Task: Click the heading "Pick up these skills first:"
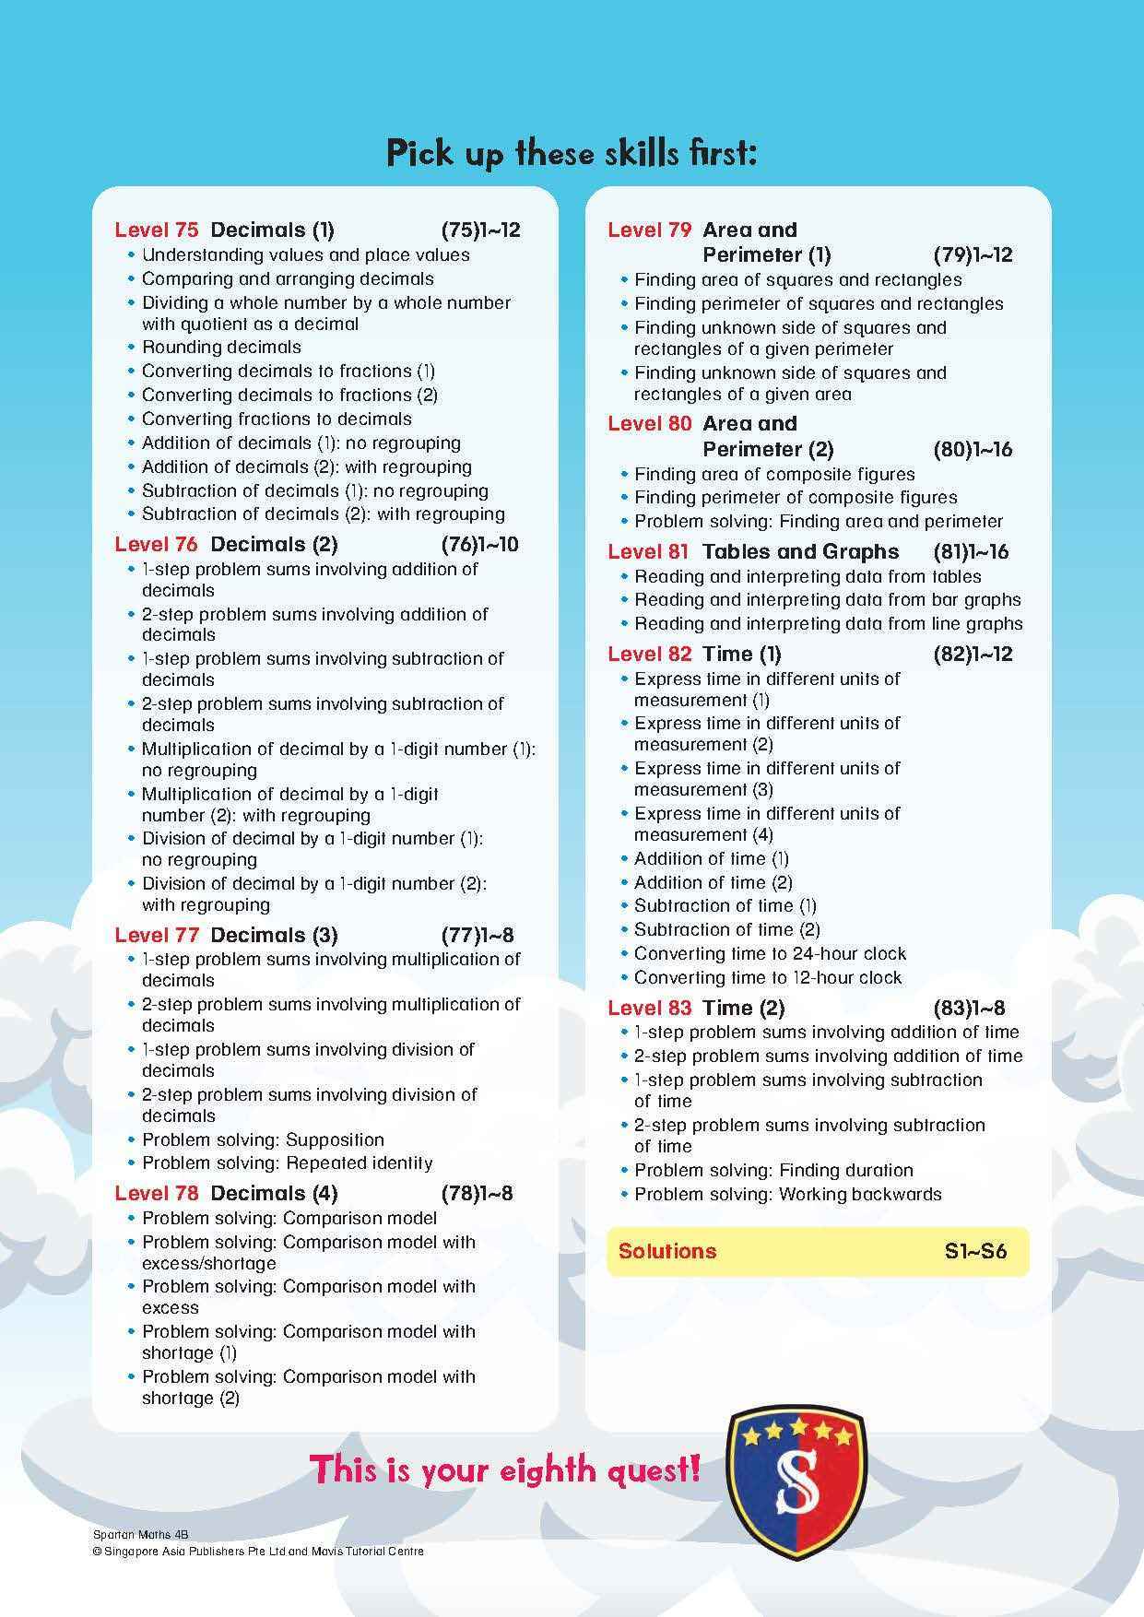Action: tap(572, 153)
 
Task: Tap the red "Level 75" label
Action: tap(156, 230)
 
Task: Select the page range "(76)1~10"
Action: tap(479, 545)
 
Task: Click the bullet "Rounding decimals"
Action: tap(221, 348)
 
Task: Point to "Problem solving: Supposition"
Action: tap(263, 1139)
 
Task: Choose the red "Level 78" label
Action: tap(156, 1194)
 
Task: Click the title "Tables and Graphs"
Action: tap(800, 552)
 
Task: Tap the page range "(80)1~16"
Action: tap(973, 450)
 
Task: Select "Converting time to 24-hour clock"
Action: tap(770, 954)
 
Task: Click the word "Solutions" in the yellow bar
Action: tap(667, 1252)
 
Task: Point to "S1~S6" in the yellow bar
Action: tap(975, 1252)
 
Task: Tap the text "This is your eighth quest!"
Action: tap(504, 1469)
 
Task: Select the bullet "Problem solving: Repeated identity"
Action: tap(287, 1163)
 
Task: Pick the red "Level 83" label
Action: tap(649, 1009)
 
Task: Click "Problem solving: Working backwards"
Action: tap(787, 1195)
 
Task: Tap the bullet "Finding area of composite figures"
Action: tap(774, 475)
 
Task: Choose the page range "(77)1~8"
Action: tap(478, 936)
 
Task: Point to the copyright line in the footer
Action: tap(258, 1552)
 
